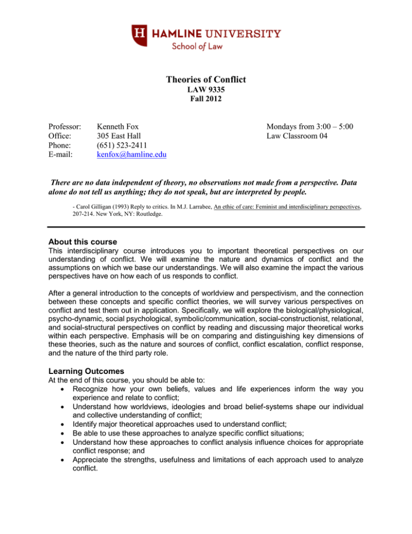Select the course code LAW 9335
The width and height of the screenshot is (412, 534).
click(205, 90)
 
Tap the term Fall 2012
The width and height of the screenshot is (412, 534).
click(205, 100)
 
